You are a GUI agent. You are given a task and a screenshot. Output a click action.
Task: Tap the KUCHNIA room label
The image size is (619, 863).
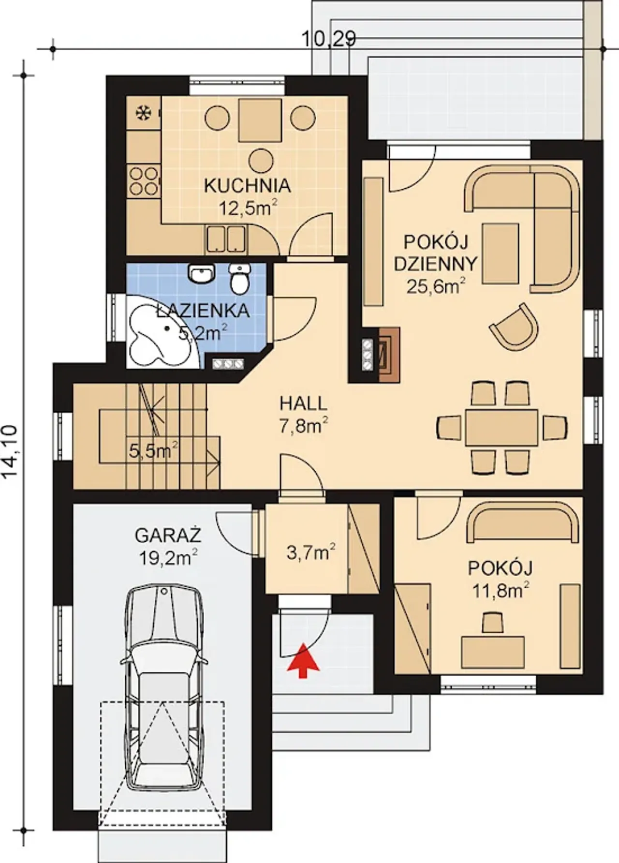click(248, 186)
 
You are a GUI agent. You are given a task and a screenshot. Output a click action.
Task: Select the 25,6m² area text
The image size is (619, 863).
click(435, 286)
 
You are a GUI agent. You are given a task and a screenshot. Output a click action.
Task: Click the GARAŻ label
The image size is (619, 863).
click(168, 536)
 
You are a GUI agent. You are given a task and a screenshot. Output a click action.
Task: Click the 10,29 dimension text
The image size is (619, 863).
click(329, 39)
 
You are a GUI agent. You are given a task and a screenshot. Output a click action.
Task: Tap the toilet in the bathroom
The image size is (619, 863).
click(239, 279)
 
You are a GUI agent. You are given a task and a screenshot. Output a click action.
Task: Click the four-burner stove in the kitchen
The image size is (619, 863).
click(143, 180)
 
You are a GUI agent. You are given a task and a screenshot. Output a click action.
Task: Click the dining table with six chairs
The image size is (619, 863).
click(502, 427)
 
